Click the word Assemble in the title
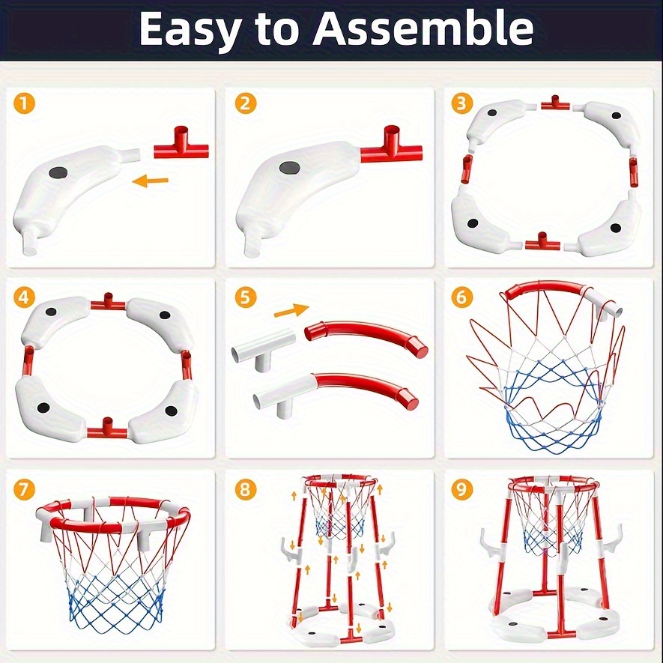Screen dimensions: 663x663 tap(423, 28)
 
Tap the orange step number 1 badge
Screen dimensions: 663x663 tap(24, 103)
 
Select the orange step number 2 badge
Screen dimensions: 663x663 tap(245, 103)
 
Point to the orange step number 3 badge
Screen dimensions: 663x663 tap(461, 103)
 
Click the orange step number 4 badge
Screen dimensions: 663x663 tap(24, 297)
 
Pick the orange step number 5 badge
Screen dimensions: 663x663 tap(245, 297)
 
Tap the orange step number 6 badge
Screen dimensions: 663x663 tap(461, 297)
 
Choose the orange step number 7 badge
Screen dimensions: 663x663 tap(24, 490)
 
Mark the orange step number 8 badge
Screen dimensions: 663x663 tap(245, 490)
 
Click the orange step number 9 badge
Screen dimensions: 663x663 tap(461, 490)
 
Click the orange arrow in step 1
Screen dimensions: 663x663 tap(150, 181)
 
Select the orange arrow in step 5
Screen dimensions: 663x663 tap(291, 310)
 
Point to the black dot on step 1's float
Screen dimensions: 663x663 tap(58, 172)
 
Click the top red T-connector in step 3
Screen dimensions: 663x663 tap(556, 103)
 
